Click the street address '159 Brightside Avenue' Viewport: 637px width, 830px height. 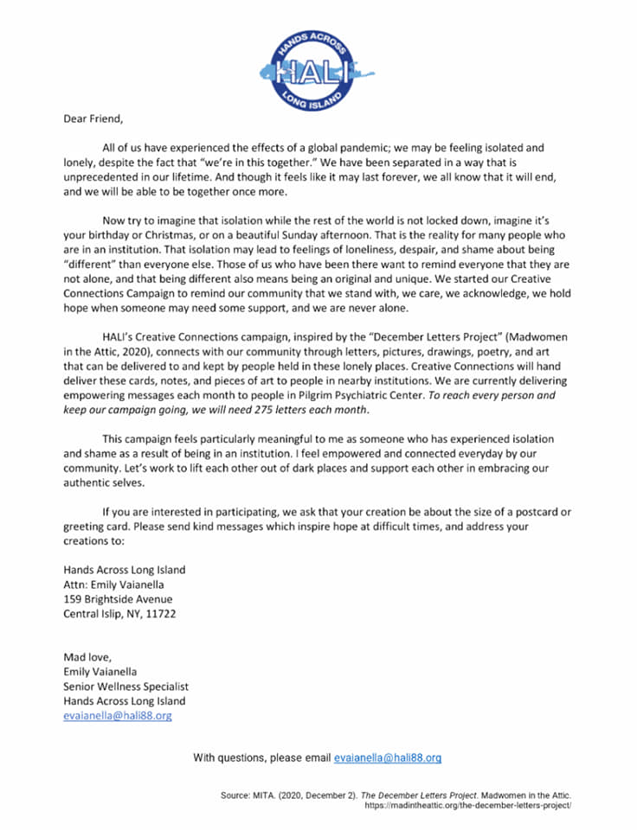point(118,600)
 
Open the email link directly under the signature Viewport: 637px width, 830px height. point(118,717)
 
